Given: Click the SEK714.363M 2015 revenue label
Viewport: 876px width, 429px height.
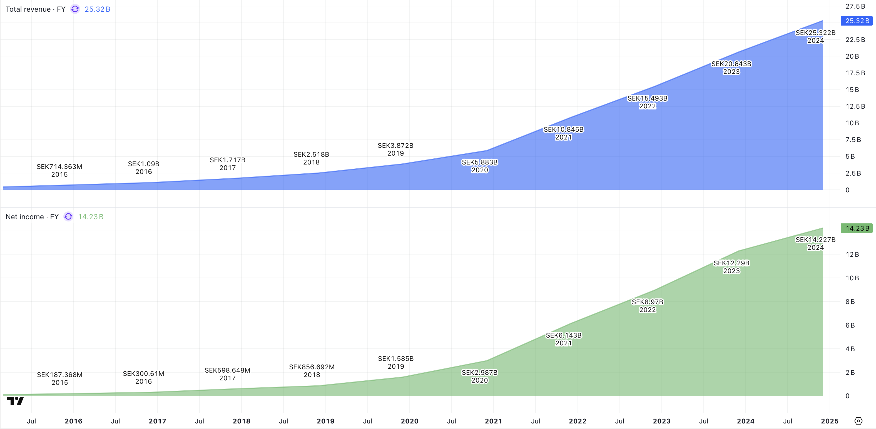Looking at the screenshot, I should (59, 170).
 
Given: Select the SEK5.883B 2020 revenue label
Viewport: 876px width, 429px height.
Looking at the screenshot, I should (479, 166).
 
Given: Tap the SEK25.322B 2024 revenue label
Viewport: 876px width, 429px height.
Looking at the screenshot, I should (815, 36).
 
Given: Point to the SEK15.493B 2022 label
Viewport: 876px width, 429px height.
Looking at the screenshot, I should (647, 102).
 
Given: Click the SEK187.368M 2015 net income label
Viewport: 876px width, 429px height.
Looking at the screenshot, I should (59, 378).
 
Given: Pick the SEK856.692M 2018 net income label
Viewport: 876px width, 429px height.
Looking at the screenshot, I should (312, 371).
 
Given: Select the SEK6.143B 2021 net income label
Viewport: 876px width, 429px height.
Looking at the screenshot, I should (564, 339).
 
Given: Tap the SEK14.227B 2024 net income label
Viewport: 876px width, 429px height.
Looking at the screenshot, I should (815, 243).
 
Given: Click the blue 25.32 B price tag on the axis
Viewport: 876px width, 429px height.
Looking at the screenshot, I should (857, 21).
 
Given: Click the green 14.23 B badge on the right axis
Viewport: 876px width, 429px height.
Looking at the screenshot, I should (857, 228).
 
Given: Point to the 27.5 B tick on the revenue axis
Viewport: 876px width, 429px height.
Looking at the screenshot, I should (855, 6).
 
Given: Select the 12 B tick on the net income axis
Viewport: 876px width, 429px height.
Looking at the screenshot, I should (852, 254).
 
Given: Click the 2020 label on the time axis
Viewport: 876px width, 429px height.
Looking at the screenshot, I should (409, 421).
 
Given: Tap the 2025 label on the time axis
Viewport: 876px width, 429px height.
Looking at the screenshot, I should (829, 421).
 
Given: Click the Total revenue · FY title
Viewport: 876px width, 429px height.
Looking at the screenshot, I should (35, 9).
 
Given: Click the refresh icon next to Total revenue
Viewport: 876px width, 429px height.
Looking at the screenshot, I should (75, 9).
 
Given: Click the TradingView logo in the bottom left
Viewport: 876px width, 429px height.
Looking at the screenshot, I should (15, 401).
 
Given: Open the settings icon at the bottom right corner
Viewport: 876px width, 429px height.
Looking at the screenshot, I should (858, 421).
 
